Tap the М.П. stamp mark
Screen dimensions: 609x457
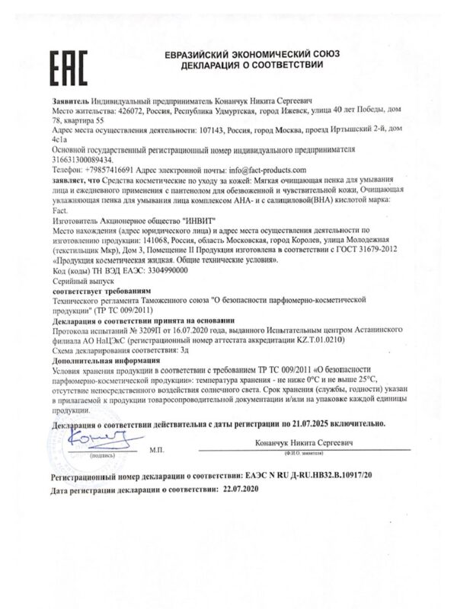pos(157,450)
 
